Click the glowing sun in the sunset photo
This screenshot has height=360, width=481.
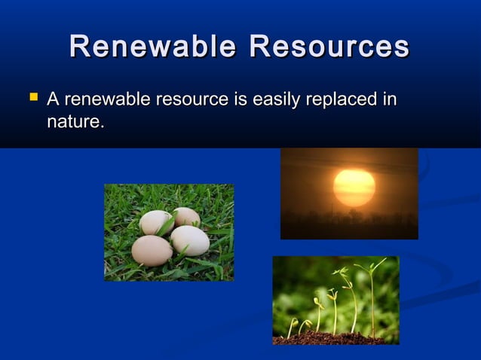(354, 188)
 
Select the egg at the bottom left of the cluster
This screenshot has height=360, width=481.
(152, 250)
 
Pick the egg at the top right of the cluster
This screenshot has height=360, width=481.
(186, 218)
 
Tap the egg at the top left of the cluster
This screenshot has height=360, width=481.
(156, 223)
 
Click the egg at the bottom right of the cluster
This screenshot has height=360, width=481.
(190, 240)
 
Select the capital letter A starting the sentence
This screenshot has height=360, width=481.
(54, 99)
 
